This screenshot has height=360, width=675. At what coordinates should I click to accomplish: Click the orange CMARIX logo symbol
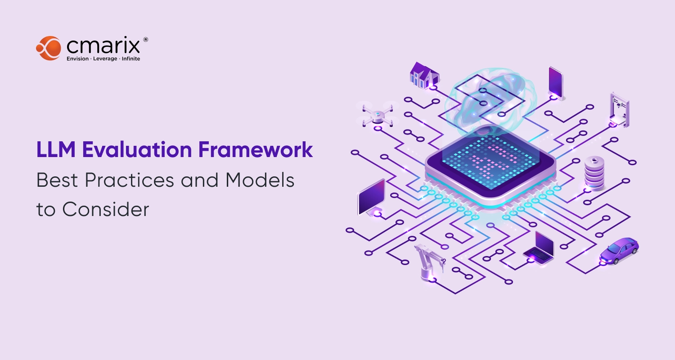tap(48, 48)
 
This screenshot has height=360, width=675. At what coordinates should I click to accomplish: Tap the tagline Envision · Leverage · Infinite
tap(103, 59)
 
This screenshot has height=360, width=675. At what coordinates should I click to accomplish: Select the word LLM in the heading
tap(56, 150)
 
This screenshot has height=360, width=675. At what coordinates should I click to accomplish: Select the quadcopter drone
tap(378, 113)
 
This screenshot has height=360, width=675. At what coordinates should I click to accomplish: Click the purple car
tap(619, 251)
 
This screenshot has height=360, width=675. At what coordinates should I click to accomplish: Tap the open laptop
tap(540, 247)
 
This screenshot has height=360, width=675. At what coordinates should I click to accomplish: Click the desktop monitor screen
tap(371, 197)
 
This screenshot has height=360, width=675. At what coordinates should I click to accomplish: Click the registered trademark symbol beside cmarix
tap(145, 40)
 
